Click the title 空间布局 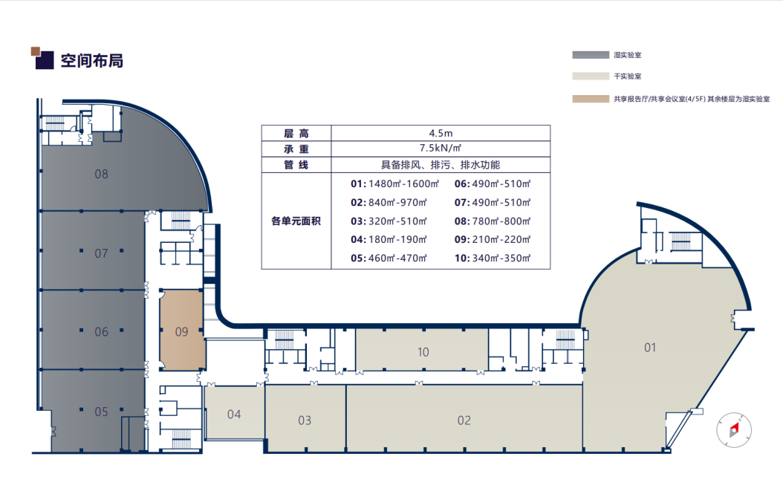coord(92,60)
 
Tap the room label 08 coord(101,174)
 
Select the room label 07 coord(101,254)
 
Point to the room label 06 coord(101,331)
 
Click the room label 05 coord(101,412)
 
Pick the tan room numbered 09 coord(182,331)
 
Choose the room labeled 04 coord(234,414)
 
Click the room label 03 coord(305,420)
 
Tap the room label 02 coord(464,420)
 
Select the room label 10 coord(423,352)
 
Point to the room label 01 coord(650,347)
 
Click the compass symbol coord(733,429)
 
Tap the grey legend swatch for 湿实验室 coord(591,55)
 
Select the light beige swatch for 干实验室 coord(591,76)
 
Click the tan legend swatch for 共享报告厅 coord(591,99)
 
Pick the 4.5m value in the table coord(441,133)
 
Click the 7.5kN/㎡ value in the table coord(441,149)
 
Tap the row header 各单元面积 coord(296,221)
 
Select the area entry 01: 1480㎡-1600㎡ coord(394,183)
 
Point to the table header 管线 coord(296,165)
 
